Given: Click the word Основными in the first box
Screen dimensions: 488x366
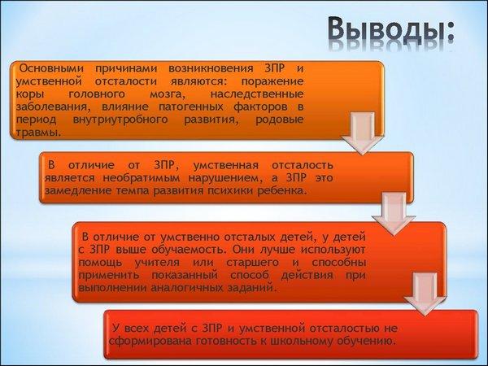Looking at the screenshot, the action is [x=51, y=68].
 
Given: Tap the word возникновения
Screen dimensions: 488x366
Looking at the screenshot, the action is [x=211, y=68].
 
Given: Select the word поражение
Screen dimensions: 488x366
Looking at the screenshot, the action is [x=272, y=81].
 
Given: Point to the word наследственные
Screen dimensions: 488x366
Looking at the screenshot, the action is [x=257, y=94].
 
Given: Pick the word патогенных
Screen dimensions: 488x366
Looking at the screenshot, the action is [x=191, y=107].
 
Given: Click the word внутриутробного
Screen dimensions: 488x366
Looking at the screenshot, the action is [x=120, y=120].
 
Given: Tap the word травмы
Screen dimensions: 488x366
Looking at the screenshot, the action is [x=38, y=133].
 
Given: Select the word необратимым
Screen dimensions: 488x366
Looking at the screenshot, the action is [x=142, y=178].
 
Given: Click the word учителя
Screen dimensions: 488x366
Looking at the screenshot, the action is [x=157, y=263].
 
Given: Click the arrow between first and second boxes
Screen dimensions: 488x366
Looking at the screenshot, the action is [x=362, y=133].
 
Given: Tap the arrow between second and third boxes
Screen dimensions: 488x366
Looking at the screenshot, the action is [x=394, y=213].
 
